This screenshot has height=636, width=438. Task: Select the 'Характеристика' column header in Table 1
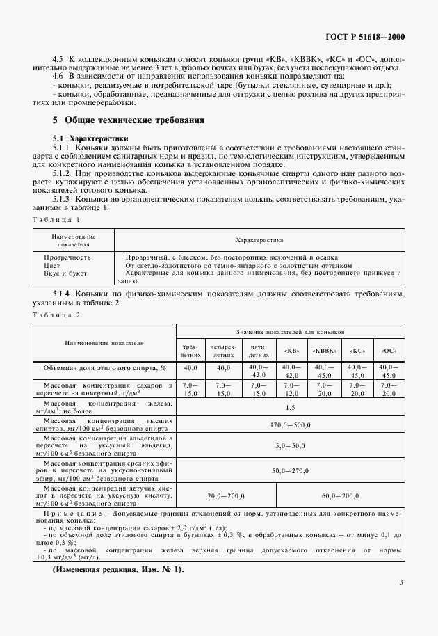pyautogui.click(x=259, y=240)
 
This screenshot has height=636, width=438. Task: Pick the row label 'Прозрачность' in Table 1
pyautogui.click(x=67, y=257)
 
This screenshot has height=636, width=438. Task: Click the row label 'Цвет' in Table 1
pyautogui.click(x=52, y=265)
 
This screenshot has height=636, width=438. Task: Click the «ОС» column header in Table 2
pyautogui.click(x=388, y=350)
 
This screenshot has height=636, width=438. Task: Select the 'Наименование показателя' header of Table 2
pyautogui.click(x=104, y=343)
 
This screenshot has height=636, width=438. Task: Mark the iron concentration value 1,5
pyautogui.click(x=290, y=407)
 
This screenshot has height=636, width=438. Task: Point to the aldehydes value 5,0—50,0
pyautogui.click(x=290, y=445)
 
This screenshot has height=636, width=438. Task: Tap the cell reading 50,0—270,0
pyautogui.click(x=290, y=470)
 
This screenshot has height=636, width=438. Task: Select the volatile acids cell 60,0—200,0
pyautogui.click(x=340, y=496)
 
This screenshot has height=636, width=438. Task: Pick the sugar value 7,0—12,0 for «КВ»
pyautogui.click(x=291, y=388)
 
